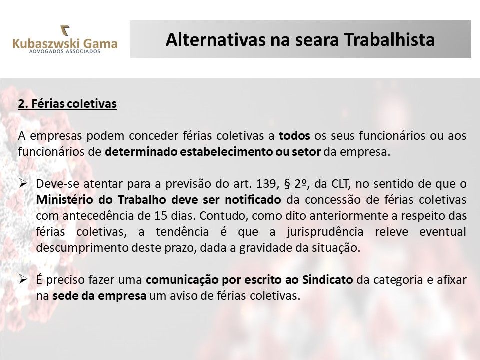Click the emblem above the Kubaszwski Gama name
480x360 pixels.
click(x=65, y=31)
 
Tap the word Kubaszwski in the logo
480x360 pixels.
click(x=42, y=43)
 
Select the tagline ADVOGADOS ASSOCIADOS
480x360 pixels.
click(x=65, y=51)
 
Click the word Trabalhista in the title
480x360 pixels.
click(x=389, y=40)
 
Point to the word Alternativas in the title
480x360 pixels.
click(x=216, y=40)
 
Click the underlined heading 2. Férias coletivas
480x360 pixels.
click(x=67, y=104)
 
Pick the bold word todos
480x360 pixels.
click(x=294, y=136)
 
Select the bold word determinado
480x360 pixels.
click(x=141, y=152)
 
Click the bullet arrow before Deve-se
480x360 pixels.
click(x=23, y=183)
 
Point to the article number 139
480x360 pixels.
click(x=266, y=184)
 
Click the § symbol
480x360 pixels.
click(x=287, y=184)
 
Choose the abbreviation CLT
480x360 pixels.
click(x=340, y=184)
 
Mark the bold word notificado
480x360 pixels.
click(x=253, y=200)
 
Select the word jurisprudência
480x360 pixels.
click(x=325, y=232)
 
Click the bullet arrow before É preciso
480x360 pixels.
click(x=23, y=279)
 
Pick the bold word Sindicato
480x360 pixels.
click(x=328, y=280)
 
